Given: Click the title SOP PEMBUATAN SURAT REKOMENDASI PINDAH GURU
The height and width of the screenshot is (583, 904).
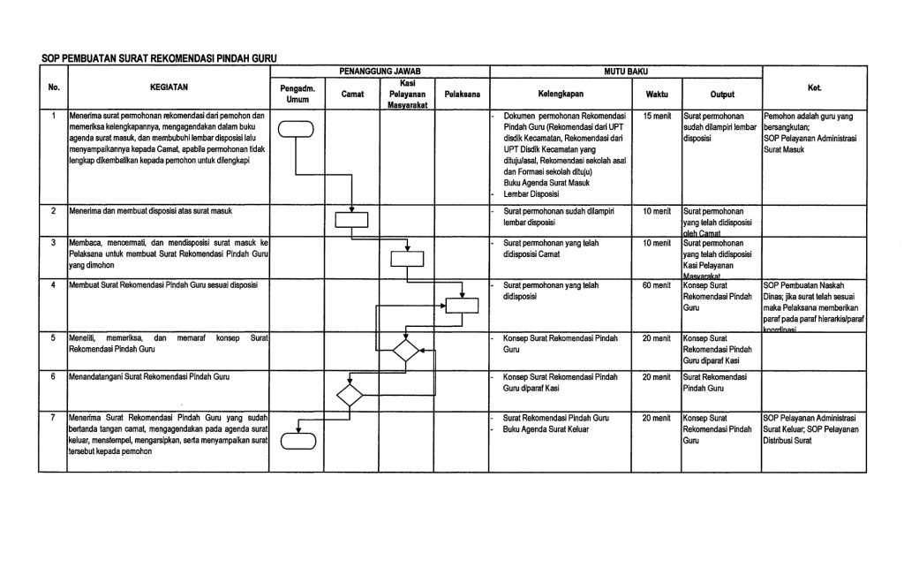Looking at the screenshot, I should click(159, 58).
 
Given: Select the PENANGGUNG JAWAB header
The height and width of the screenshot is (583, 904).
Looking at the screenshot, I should click(380, 69).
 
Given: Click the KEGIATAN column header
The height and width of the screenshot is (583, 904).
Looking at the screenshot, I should click(168, 88).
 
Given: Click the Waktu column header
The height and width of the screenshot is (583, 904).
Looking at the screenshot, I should click(657, 93).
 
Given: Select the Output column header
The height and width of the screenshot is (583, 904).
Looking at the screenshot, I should click(720, 93).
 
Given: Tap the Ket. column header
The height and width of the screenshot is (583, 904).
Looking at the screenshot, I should click(815, 88).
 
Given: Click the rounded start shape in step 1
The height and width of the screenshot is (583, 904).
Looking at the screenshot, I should click(296, 129).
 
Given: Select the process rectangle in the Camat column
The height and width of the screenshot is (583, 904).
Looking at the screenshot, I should click(351, 220).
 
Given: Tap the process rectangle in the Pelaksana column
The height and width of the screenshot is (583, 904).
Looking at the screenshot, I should click(462, 306).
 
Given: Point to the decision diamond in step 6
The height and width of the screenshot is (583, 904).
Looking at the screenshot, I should click(350, 394).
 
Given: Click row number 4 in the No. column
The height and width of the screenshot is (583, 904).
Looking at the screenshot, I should click(53, 285).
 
